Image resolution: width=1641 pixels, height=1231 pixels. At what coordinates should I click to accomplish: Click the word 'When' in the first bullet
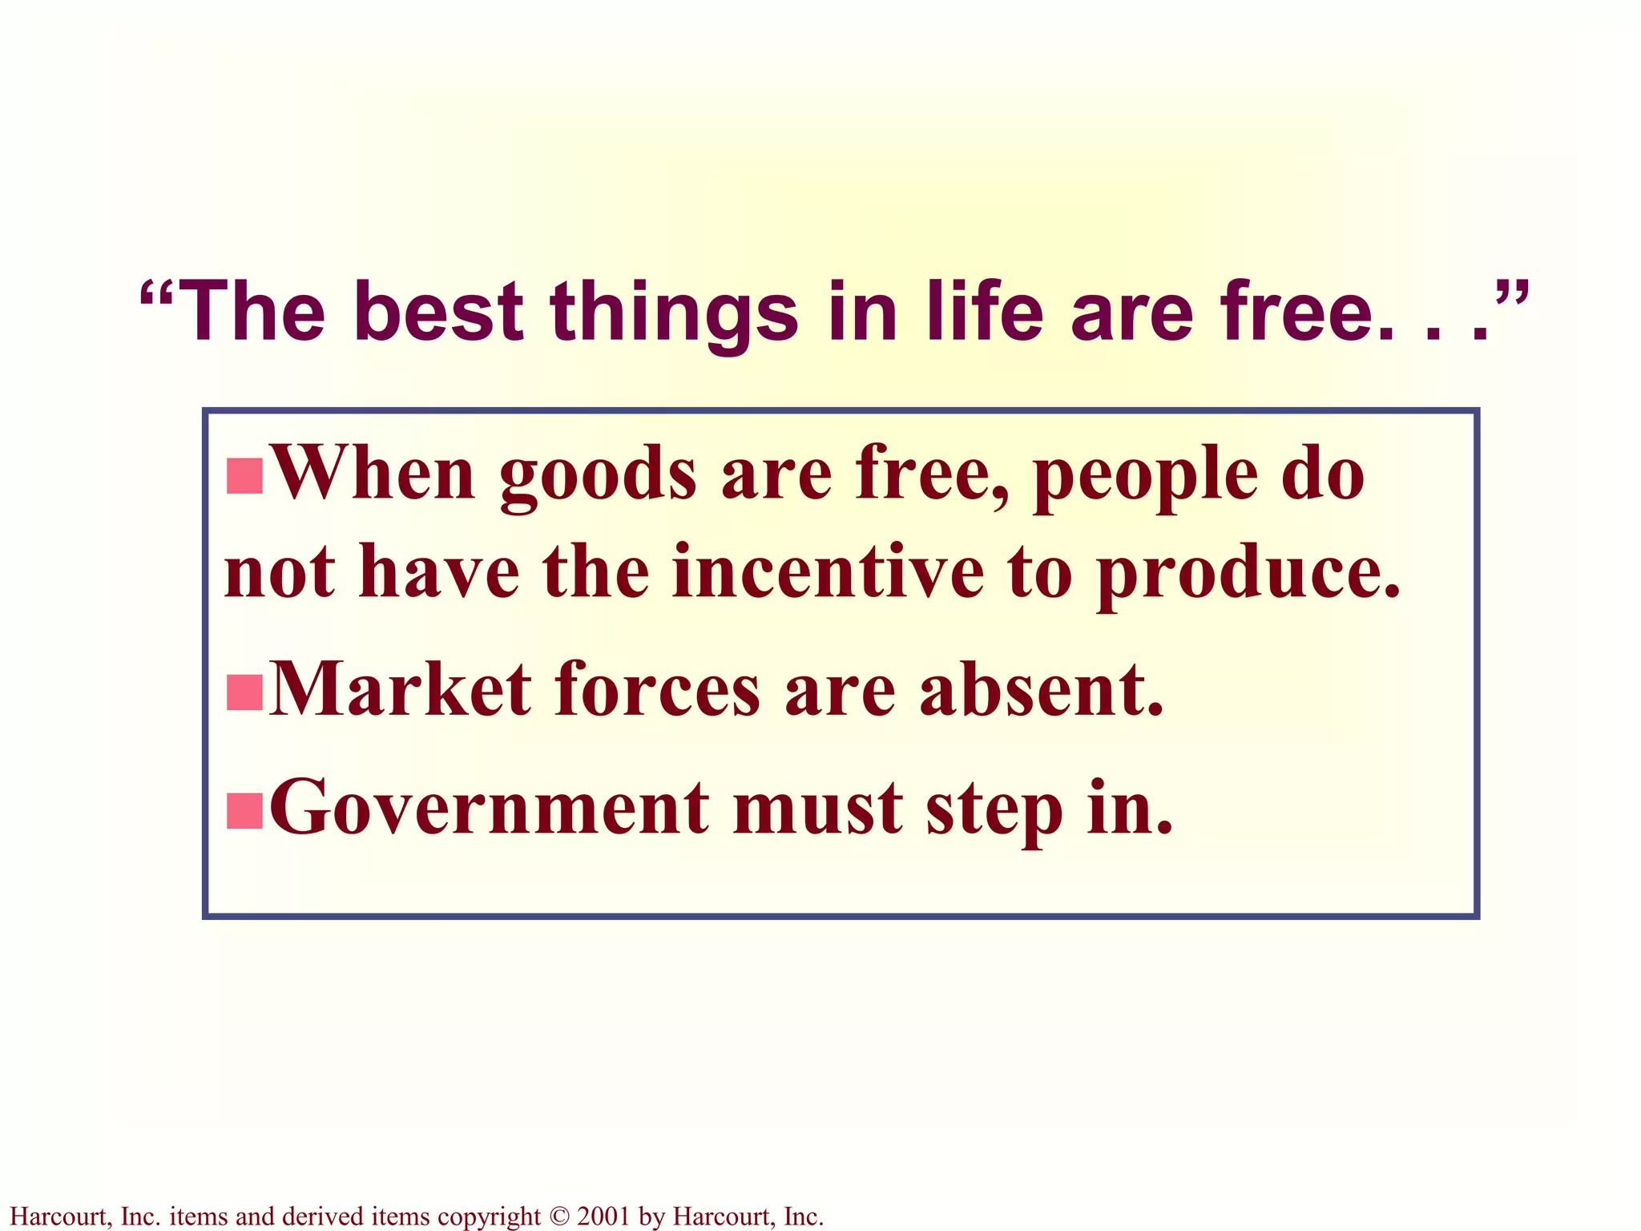click(373, 474)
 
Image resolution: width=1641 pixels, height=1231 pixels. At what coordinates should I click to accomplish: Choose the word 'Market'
click(401, 689)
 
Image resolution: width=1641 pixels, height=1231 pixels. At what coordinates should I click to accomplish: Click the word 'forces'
click(656, 689)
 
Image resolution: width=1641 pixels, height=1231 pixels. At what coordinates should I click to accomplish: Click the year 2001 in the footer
click(603, 1217)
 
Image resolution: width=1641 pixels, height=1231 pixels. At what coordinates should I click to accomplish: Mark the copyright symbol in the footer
click(558, 1217)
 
